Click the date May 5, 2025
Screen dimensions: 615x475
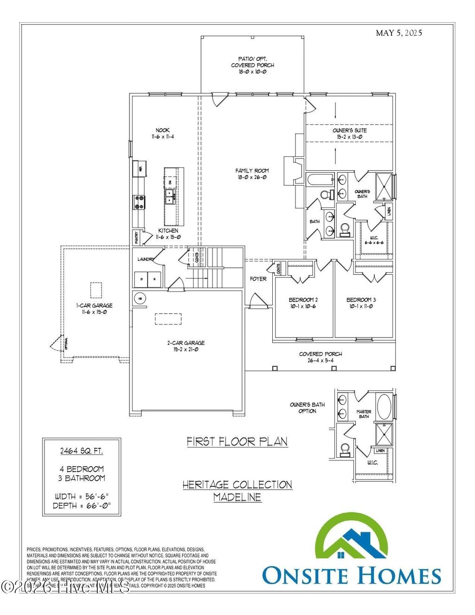(x=398, y=33)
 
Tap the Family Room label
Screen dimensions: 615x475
(x=252, y=174)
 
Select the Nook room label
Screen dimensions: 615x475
(x=162, y=134)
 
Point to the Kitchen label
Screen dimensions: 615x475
(x=168, y=233)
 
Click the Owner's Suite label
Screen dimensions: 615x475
(x=349, y=134)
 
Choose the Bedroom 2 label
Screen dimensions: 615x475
(x=303, y=303)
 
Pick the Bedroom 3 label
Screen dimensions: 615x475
(x=361, y=303)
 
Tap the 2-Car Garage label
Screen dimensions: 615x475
(x=186, y=346)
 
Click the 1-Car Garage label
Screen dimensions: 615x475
(x=94, y=309)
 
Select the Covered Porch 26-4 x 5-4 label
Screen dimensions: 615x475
(x=320, y=357)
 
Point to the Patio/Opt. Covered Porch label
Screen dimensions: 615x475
(x=252, y=65)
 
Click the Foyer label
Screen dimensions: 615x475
(x=258, y=279)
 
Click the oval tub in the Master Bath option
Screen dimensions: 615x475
(x=384, y=407)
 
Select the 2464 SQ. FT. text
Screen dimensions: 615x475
(x=82, y=451)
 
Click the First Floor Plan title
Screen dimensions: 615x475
(x=237, y=441)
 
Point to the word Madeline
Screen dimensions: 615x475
(x=237, y=497)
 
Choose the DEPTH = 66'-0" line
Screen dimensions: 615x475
(x=82, y=505)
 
